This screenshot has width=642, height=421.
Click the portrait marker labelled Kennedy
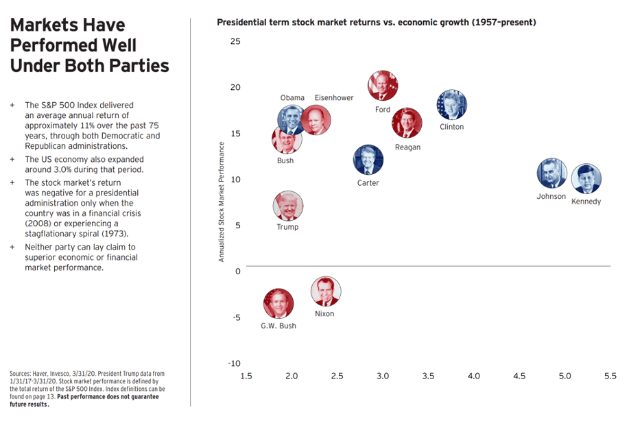coord(586,179)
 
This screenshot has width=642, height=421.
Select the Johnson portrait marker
coord(552,173)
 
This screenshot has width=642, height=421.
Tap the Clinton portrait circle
coord(451,105)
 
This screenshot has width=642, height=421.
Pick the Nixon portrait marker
coord(325,291)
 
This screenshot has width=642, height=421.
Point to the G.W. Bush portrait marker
coord(278,304)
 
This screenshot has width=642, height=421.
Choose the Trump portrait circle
coord(287,206)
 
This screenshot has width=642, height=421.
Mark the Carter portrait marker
coord(368,160)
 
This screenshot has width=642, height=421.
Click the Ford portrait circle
coord(383,86)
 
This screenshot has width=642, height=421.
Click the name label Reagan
coord(408,147)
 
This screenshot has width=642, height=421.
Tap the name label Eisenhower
coord(334,98)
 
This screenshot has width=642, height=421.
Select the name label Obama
coord(292,98)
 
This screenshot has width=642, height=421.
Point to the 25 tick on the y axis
coord(235,41)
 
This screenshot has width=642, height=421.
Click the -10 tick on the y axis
coord(233,363)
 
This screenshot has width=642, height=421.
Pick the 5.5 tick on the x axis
coord(610,376)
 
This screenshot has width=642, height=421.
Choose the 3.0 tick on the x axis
coord(383,376)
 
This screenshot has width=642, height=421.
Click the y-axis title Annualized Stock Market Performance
coord(222,202)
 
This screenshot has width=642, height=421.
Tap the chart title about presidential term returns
coord(376,23)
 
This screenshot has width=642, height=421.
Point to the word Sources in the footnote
coord(22,374)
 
